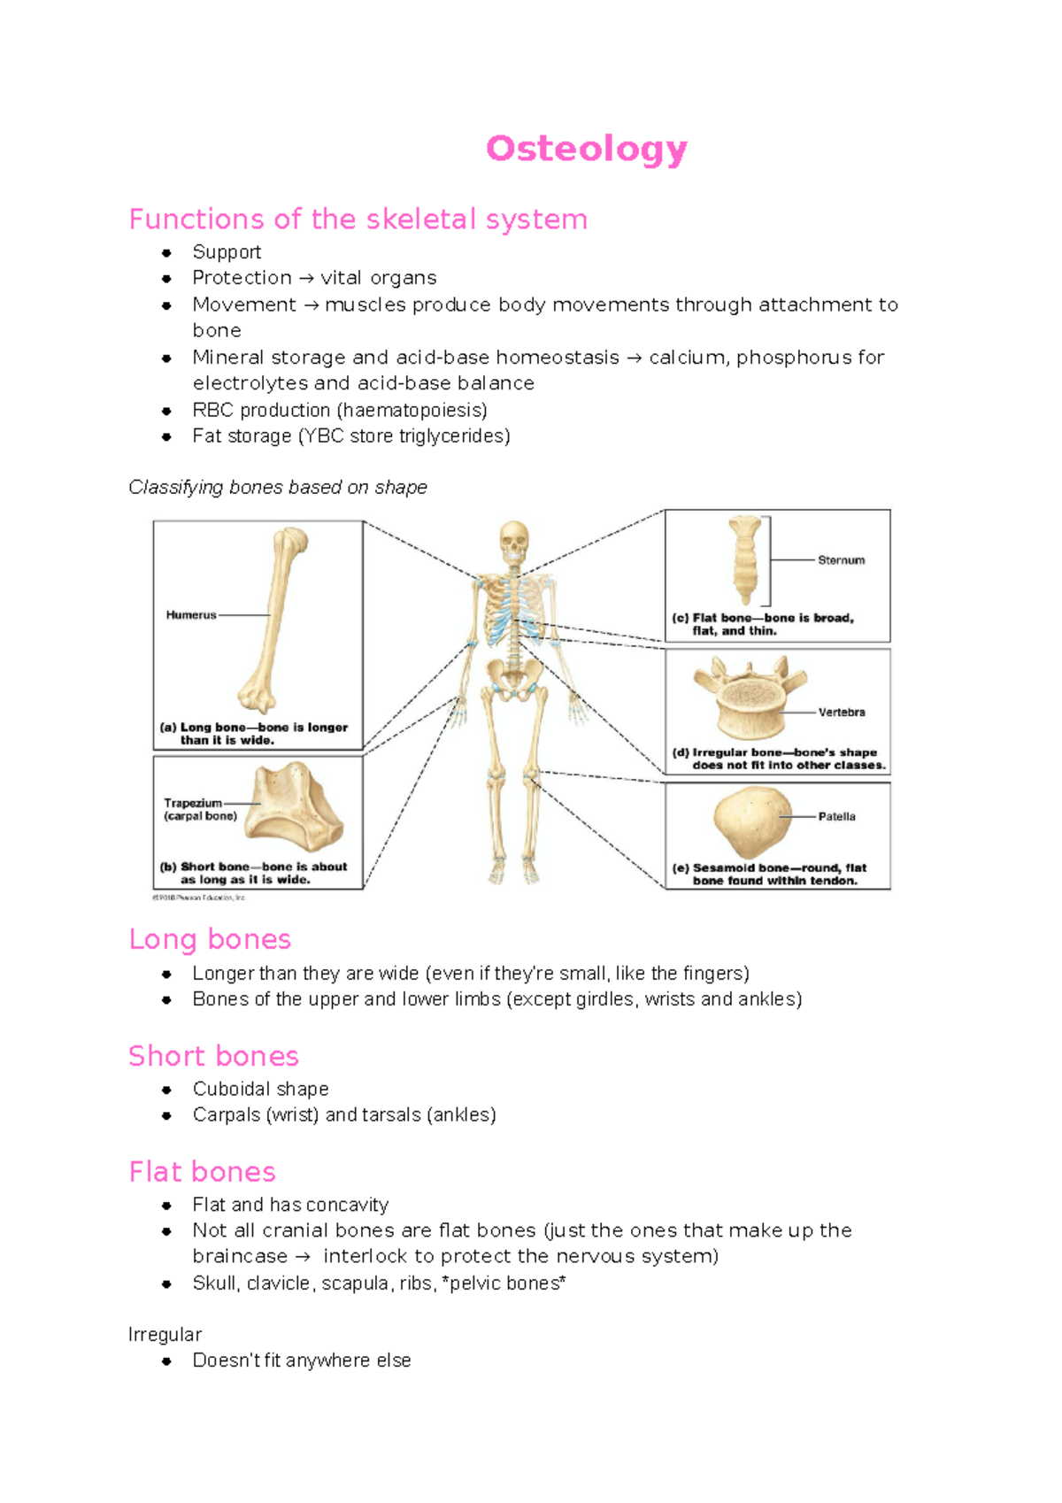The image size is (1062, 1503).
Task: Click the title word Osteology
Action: (x=586, y=149)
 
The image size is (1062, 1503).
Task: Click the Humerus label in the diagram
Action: (x=191, y=615)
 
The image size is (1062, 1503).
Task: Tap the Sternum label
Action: (x=841, y=560)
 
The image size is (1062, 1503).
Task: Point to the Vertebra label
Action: (x=842, y=713)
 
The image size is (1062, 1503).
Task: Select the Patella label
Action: (x=836, y=817)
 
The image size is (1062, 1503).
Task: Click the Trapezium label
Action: (x=193, y=804)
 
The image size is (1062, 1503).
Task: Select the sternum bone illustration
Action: (x=745, y=559)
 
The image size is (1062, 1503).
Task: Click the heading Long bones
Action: (x=210, y=939)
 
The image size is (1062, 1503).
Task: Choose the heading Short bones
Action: (x=213, y=1056)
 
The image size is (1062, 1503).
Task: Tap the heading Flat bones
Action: (x=202, y=1172)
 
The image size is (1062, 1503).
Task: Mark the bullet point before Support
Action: (x=166, y=253)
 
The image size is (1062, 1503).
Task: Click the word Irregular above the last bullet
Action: (x=165, y=1335)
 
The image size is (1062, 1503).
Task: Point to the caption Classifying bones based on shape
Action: (x=278, y=488)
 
